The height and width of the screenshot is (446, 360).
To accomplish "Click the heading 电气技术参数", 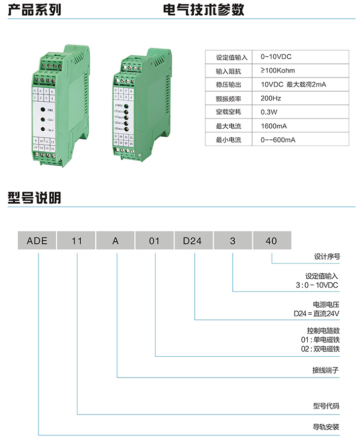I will [204, 10].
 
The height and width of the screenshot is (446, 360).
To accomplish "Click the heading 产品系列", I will [34, 10].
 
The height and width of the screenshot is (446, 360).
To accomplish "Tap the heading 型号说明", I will [34, 198].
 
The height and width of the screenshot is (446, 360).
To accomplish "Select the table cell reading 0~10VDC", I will [279, 57].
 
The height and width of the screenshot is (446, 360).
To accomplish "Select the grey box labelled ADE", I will [37, 241].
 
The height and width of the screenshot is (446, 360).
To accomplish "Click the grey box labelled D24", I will [193, 241].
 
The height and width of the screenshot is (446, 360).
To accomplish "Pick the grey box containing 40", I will [272, 241].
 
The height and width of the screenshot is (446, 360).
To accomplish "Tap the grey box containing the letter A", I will [116, 241].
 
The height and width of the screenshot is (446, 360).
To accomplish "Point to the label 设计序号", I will [327, 256].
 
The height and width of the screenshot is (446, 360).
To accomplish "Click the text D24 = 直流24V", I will [316, 313].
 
